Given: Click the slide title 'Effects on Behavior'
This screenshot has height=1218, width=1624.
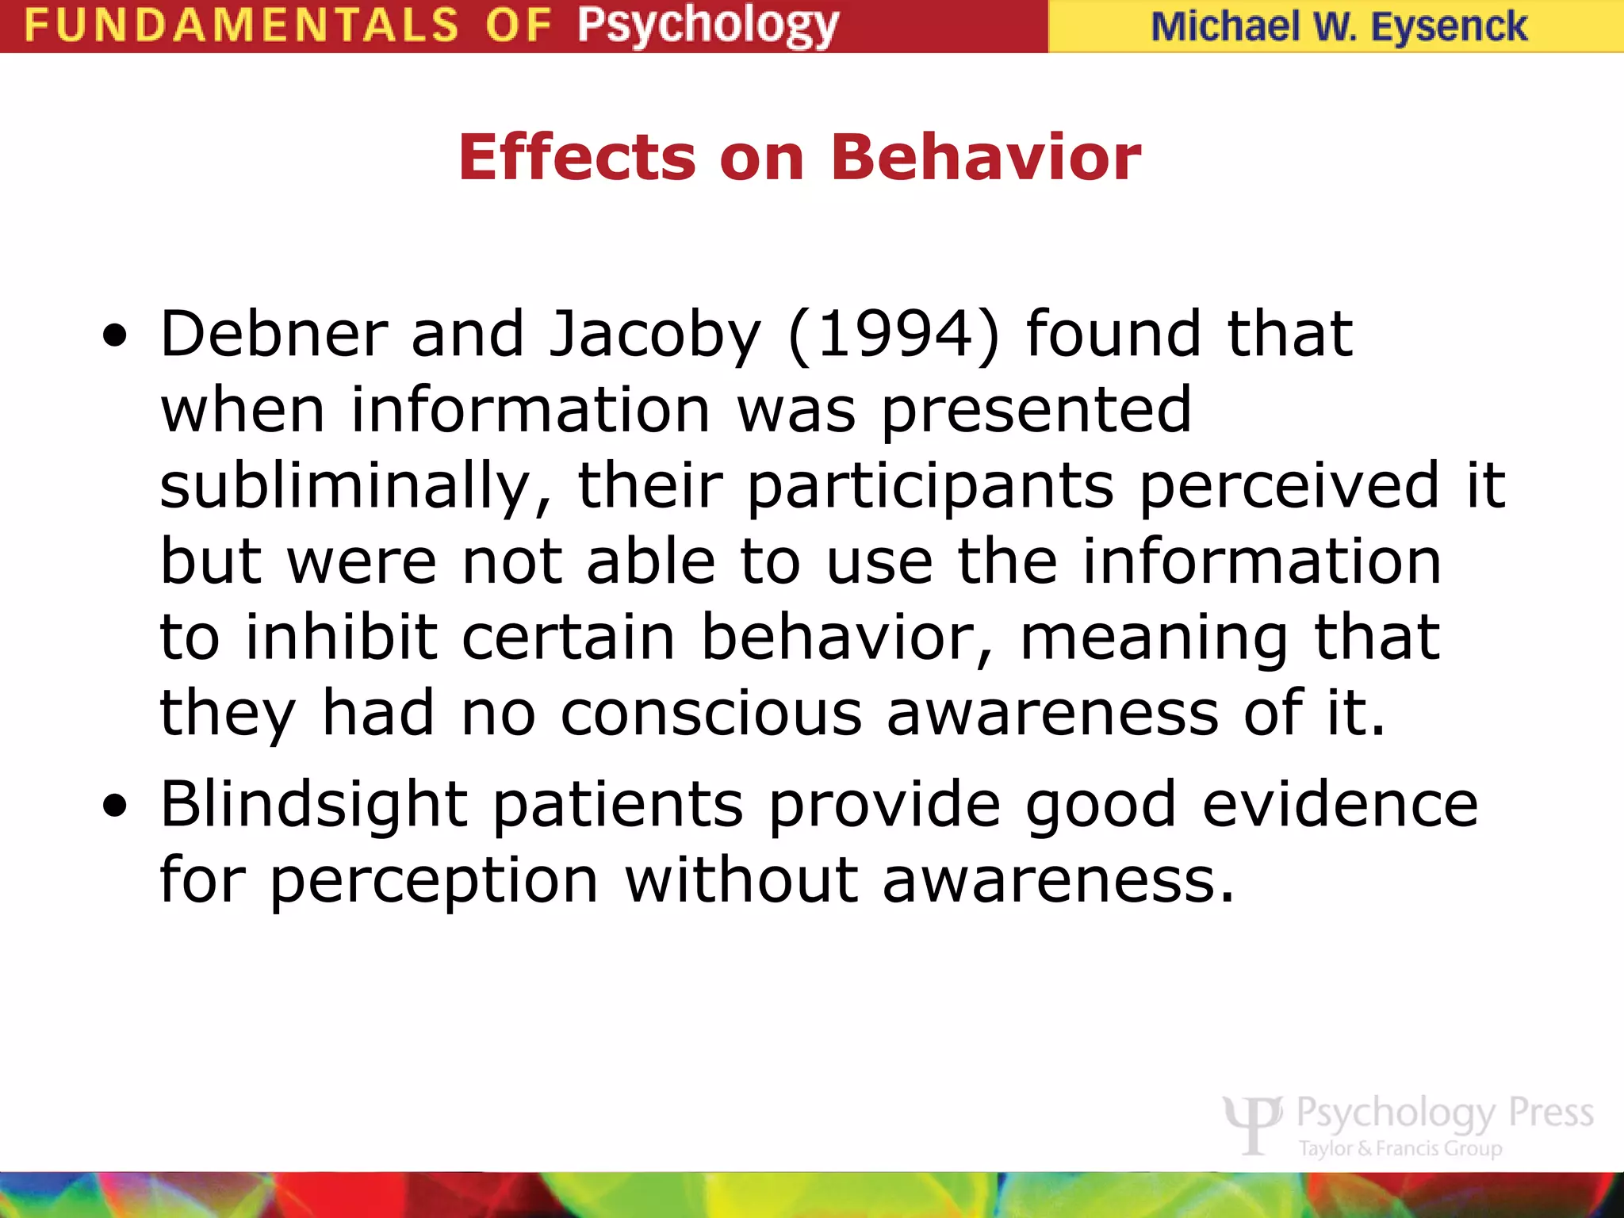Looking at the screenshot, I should (x=799, y=157).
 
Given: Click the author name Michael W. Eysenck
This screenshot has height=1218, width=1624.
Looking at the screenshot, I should (x=1339, y=27).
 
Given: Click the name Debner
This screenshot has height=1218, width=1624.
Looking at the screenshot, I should (x=274, y=335).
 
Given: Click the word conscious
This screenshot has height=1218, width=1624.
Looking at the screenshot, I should (x=711, y=713).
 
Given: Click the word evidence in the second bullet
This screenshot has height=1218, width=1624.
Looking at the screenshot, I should (x=1340, y=804).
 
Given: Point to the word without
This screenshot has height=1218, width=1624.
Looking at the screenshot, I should (x=741, y=880).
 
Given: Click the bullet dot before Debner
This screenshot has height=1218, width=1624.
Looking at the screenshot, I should (x=115, y=336).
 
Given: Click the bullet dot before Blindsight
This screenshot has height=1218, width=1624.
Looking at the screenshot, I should (x=115, y=807).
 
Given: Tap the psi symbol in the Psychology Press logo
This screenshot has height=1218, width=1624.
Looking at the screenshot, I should (x=1252, y=1123).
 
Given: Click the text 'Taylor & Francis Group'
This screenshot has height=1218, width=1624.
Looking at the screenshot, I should (x=1400, y=1148).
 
